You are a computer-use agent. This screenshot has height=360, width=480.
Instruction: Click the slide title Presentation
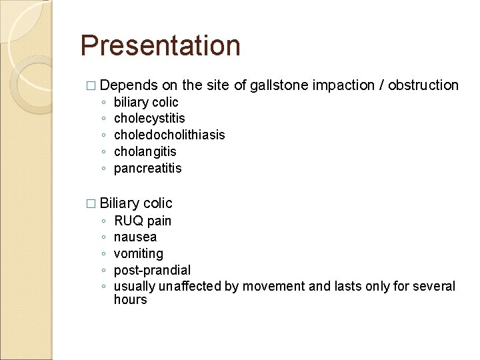point(160,46)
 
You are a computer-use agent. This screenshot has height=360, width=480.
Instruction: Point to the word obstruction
point(423,85)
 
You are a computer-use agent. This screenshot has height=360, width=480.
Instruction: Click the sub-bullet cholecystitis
point(149,119)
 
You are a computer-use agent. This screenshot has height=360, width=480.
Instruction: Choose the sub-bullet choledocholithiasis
point(169,135)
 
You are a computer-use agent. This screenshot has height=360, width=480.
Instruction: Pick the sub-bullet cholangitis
point(145,152)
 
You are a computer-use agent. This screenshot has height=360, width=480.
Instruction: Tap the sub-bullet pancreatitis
point(147,169)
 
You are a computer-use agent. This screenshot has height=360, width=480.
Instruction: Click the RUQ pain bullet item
point(143,221)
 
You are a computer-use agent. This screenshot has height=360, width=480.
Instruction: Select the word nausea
point(135,237)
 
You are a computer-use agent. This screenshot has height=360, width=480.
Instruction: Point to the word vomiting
point(139,254)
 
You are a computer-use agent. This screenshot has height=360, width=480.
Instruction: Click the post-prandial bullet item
point(152,271)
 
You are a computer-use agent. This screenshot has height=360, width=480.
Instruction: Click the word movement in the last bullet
point(269,287)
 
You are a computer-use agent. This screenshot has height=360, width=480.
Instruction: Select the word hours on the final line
point(130,300)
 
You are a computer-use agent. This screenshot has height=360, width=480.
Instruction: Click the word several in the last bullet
point(434,287)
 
